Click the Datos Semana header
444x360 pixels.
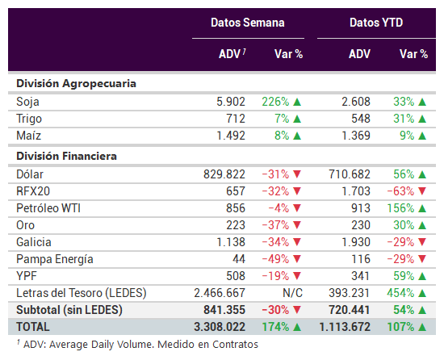tap(248, 23)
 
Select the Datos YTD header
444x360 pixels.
tap(376, 23)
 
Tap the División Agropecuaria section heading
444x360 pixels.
tap(76, 84)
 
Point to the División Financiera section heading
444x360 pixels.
tap(66, 156)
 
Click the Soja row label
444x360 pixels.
tap(27, 102)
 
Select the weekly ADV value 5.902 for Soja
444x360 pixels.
tap(231, 102)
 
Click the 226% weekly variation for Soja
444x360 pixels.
tap(275, 102)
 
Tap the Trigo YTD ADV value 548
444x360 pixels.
tap(361, 119)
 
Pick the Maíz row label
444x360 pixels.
tap(28, 136)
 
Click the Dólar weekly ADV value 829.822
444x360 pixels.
tap(224, 174)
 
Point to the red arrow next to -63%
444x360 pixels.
tap(422, 191)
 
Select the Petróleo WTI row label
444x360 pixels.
tap(48, 208)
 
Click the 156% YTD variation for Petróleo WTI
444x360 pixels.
tap(400, 208)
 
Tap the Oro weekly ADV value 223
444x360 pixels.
tap(236, 225)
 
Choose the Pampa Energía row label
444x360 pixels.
tap(55, 259)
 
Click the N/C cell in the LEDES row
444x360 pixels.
tap(292, 293)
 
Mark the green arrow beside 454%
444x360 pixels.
tap(422, 293)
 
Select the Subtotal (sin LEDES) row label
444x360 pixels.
tap(69, 310)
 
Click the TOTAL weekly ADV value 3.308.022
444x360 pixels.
tap(220, 327)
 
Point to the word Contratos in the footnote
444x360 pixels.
tap(235, 345)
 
